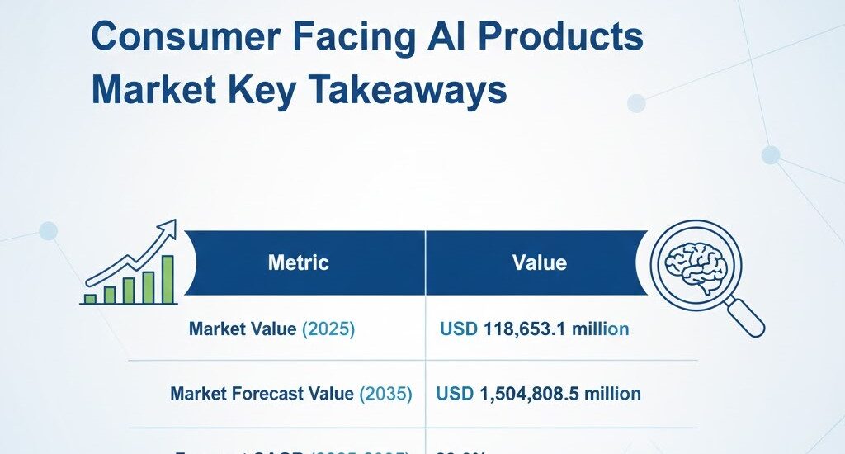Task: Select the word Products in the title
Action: tap(565, 38)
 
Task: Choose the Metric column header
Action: tap(299, 263)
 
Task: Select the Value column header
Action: tap(540, 263)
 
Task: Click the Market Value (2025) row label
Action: tap(271, 329)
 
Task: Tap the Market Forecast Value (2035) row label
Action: tap(290, 394)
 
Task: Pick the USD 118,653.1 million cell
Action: tap(535, 329)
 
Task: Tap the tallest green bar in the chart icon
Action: tap(168, 279)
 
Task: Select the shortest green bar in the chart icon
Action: tap(90, 298)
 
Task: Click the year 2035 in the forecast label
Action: tap(385, 394)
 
